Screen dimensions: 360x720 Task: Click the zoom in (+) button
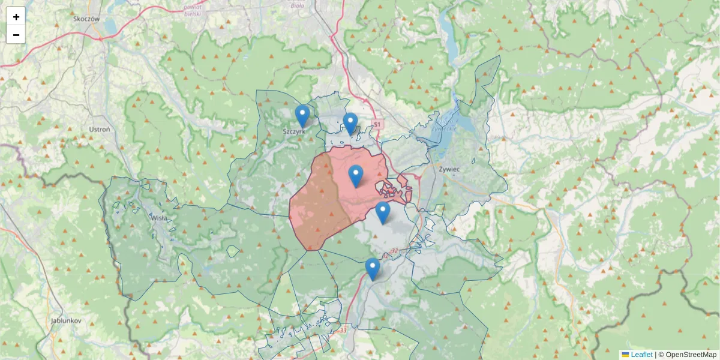pos(16,17)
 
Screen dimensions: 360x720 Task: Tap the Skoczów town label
pos(86,19)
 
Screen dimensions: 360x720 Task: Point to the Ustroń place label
pos(99,129)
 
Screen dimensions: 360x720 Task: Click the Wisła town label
pos(160,218)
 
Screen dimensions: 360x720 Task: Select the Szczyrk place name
pos(295,130)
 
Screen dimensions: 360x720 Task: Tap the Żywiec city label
pos(449,170)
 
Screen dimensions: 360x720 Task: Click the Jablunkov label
pos(66,320)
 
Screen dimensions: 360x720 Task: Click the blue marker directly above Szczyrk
pos(302,115)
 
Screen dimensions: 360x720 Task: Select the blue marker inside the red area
pos(356,175)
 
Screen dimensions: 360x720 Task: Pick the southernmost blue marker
pos(373,268)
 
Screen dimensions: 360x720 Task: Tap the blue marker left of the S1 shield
pos(350,123)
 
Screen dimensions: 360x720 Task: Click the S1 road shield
pos(377,124)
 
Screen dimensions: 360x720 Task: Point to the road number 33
pos(343,330)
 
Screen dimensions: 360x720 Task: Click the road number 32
pos(394,250)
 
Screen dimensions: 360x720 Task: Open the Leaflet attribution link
pos(641,355)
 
